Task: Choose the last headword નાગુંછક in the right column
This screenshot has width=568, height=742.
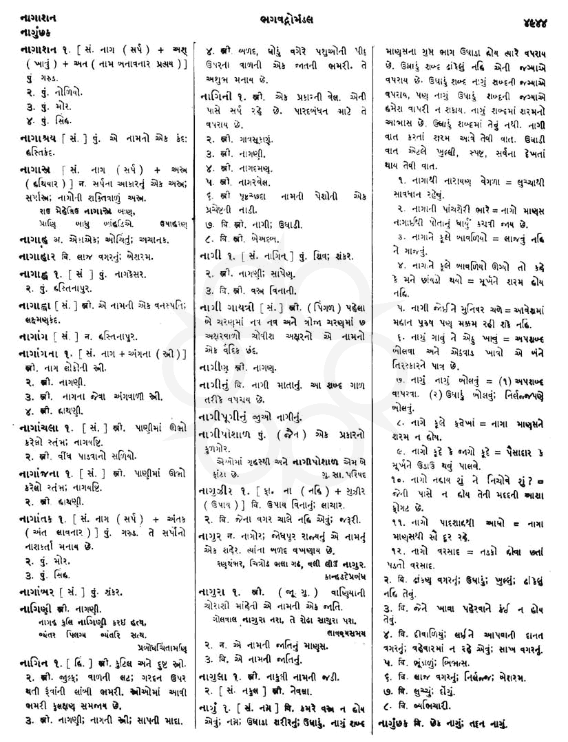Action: (x=403, y=724)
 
